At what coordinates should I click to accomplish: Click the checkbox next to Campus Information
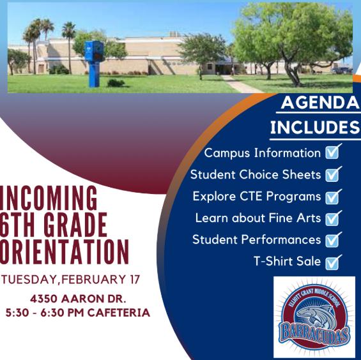pyautogui.click(x=333, y=153)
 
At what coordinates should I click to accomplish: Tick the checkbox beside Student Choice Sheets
pyautogui.click(x=333, y=174)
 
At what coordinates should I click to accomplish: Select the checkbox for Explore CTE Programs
pyautogui.click(x=333, y=196)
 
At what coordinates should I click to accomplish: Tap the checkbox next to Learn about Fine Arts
pyautogui.click(x=333, y=218)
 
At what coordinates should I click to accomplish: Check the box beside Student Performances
pyautogui.click(x=333, y=239)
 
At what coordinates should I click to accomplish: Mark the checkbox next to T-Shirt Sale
pyautogui.click(x=333, y=261)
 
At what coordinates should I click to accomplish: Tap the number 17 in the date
pyautogui.click(x=132, y=280)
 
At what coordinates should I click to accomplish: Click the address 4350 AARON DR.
pyautogui.click(x=77, y=299)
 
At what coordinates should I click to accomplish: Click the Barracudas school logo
pyautogui.click(x=314, y=318)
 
